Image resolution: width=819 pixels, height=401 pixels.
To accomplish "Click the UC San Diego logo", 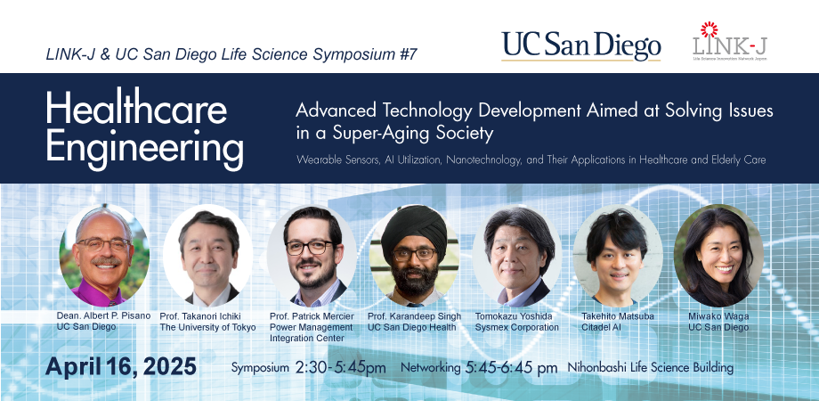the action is click(x=580, y=46).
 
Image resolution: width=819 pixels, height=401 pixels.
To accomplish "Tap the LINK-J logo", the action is click(x=730, y=41).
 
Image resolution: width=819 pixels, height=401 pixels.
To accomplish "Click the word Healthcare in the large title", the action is click(x=136, y=110).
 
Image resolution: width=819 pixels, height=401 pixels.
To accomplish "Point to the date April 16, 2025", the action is click(x=121, y=366).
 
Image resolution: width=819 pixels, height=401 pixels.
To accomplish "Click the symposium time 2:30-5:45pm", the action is click(x=341, y=367).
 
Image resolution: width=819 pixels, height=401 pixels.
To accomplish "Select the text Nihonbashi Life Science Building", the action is click(x=650, y=367).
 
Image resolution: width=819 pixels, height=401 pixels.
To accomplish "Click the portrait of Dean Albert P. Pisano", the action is click(x=104, y=255).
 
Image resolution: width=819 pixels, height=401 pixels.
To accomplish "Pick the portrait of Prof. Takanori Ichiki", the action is click(x=208, y=255).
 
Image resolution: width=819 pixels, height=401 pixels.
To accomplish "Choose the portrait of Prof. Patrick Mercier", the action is click(x=312, y=255).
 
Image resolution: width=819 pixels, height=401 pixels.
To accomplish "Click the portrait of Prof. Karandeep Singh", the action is click(x=414, y=255).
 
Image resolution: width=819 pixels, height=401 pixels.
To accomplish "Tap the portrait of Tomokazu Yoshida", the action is click(x=517, y=255).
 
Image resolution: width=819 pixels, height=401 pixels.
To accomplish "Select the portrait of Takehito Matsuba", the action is click(x=618, y=255).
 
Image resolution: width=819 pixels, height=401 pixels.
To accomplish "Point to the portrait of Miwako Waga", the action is click(x=718, y=255).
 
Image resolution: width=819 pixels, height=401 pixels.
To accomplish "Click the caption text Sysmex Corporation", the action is click(x=516, y=327).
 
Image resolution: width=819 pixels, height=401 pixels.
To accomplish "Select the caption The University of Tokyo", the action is click(x=208, y=327).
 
